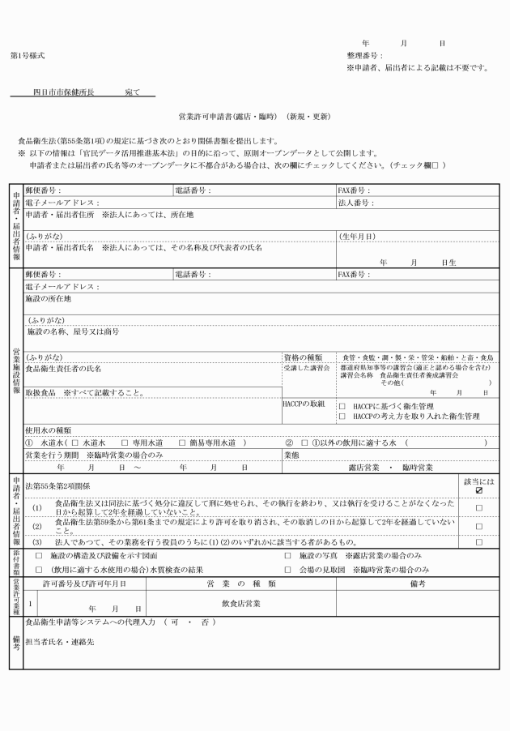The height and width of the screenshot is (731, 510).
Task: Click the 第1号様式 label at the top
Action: (28, 55)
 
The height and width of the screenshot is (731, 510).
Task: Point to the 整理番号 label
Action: (363, 55)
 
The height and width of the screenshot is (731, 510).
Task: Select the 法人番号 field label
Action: (355, 203)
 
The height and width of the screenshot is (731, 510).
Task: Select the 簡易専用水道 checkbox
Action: (182, 443)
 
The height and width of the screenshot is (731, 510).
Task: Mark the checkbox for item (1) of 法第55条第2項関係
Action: (479, 507)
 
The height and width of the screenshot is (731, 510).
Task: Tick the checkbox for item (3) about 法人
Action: (479, 541)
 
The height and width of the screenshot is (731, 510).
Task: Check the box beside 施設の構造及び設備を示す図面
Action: (39, 555)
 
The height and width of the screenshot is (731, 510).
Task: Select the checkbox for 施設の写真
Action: (288, 555)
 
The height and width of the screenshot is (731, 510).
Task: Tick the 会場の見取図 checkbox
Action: (288, 570)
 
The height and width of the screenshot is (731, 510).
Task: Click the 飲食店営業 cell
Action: (240, 604)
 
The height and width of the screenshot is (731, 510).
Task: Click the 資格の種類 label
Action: (303, 357)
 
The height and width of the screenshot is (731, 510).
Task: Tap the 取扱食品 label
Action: (41, 393)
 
